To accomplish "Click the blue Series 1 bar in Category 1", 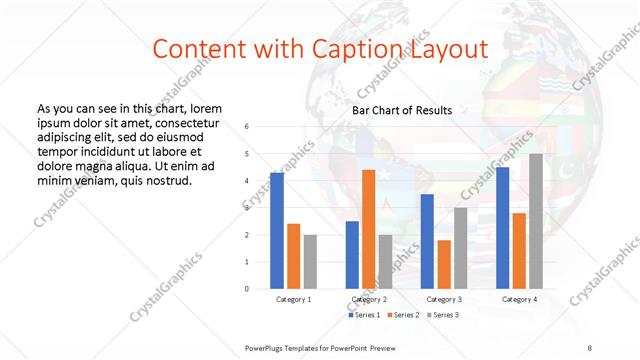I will (277, 230).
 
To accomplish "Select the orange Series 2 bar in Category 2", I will (368, 229).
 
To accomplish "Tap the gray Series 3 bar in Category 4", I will (536, 221).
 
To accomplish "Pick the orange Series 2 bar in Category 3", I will (444, 264).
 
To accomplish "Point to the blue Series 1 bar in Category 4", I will (502, 227).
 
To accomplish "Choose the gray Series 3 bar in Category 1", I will (310, 261).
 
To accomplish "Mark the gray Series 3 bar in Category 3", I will (460, 247).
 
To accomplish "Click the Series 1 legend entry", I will (364, 315).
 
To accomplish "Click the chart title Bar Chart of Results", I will (402, 110).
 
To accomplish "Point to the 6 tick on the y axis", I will (247, 127).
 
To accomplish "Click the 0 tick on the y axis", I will (247, 288).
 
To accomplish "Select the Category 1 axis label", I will (293, 299).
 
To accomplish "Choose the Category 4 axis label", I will (519, 299).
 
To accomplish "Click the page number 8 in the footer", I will (589, 346).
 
